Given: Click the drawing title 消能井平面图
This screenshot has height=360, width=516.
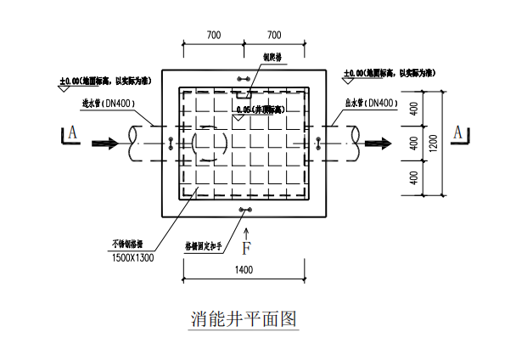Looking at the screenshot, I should tap(244, 319).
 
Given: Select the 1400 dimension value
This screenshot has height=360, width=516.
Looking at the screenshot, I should tap(244, 269).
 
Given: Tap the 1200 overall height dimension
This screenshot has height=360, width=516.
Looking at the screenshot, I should tap(434, 144).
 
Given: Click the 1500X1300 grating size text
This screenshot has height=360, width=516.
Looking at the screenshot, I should tap(132, 256).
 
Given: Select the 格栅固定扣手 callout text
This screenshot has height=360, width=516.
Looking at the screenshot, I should tap(203, 246).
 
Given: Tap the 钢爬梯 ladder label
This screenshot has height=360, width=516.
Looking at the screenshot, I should tap(271, 59).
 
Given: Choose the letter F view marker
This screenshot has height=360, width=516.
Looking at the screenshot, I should tap(246, 249).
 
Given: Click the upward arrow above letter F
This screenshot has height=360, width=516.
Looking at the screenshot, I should tap(246, 231).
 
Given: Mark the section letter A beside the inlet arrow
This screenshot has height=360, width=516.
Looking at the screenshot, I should tap(72, 132).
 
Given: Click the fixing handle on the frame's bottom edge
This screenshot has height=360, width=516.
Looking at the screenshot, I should tap(246, 210).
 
